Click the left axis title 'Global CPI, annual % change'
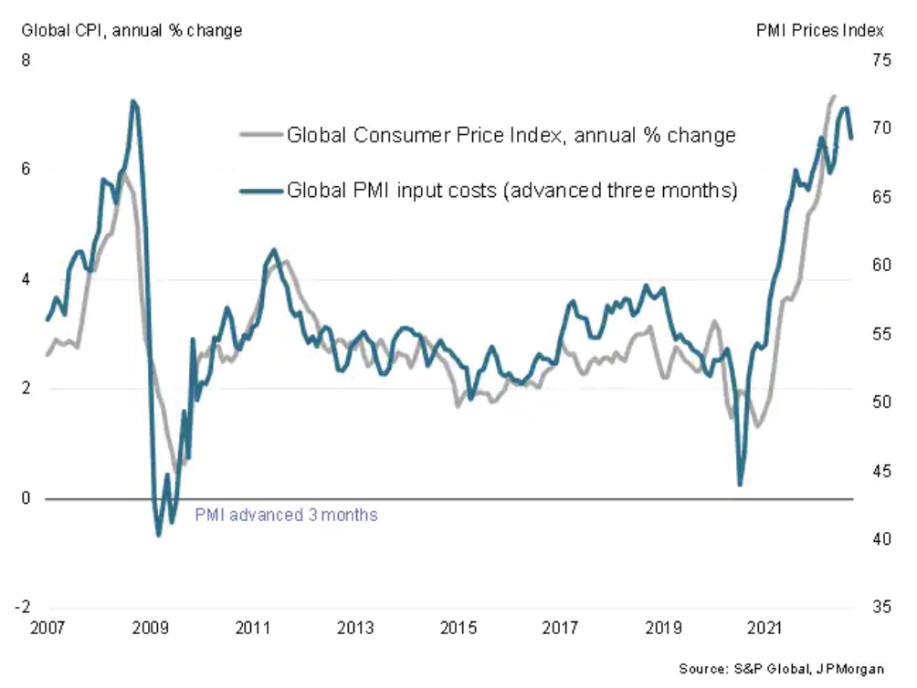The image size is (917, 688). click(x=132, y=31)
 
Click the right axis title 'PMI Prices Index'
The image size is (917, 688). click(x=820, y=31)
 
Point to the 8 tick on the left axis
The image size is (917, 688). click(x=26, y=60)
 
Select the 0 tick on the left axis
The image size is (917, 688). click(x=26, y=499)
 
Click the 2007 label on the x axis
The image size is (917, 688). click(x=46, y=629)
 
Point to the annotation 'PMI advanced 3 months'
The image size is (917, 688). click(x=286, y=515)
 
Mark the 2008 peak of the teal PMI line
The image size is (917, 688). click(x=134, y=101)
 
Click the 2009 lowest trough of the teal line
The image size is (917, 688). click(x=159, y=535)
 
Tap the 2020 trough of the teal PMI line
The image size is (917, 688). click(x=740, y=485)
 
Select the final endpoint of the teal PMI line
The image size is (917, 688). click(x=851, y=139)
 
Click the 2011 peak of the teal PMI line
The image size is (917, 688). click(x=275, y=250)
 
